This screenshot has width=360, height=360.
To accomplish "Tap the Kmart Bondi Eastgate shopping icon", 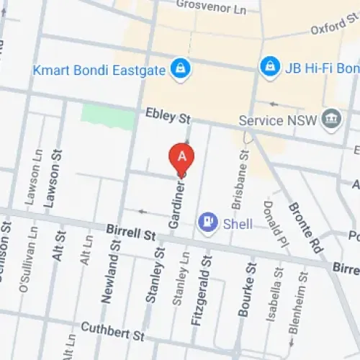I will coord(177,69).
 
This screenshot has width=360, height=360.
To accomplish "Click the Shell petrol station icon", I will coord(209,223).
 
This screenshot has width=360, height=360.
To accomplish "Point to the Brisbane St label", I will coord(243,171).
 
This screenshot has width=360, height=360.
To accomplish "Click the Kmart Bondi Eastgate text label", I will coord(98,70).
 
